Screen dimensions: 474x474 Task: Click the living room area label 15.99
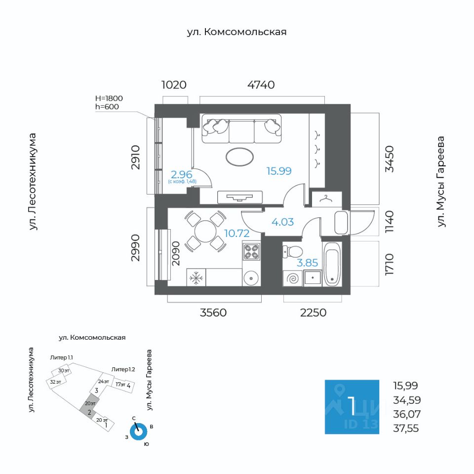click(279, 171)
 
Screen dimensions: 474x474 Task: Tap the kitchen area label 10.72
click(237, 233)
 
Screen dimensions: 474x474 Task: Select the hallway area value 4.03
click(282, 222)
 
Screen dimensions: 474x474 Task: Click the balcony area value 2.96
click(181, 174)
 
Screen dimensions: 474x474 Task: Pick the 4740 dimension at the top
click(261, 85)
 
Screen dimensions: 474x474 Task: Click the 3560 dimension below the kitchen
click(213, 313)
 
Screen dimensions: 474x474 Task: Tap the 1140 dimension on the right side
click(390, 222)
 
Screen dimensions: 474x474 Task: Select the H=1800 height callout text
click(108, 98)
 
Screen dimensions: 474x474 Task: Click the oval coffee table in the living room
click(240, 157)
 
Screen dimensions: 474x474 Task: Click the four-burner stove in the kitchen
click(251, 252)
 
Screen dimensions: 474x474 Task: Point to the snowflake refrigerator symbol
click(196, 278)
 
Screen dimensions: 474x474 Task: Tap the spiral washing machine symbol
click(293, 278)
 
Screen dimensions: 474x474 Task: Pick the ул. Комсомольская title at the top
click(237, 32)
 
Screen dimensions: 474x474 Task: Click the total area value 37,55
click(406, 429)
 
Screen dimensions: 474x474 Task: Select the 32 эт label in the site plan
click(55, 382)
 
